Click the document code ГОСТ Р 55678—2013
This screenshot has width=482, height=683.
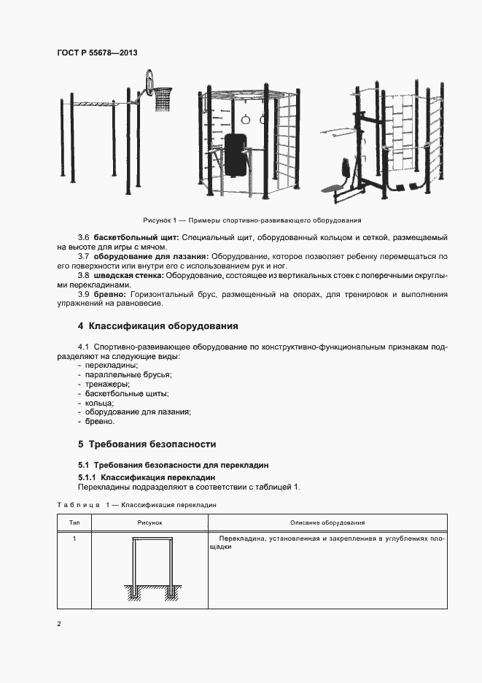(x=96, y=53)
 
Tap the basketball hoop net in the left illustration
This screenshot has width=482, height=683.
(x=162, y=101)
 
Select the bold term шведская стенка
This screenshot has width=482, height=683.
(x=128, y=275)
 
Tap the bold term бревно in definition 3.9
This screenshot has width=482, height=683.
(x=110, y=293)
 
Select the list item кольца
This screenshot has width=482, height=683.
(x=99, y=403)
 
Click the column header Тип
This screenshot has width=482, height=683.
(x=74, y=523)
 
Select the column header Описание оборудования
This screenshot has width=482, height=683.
(x=327, y=523)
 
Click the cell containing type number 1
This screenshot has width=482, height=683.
(x=74, y=539)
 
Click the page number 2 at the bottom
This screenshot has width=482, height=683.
(x=59, y=624)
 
